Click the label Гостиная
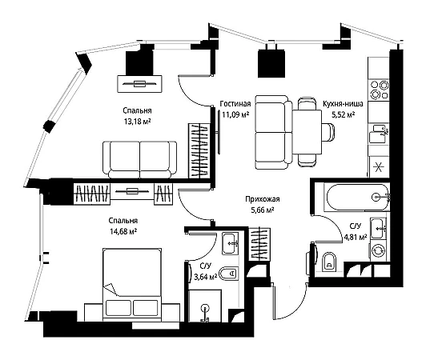coord(235,104)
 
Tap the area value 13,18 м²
coord(137,122)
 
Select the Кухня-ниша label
coord(343,104)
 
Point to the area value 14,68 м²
coord(123,231)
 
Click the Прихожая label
coord(262,199)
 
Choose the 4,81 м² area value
coord(356,238)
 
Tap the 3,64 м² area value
coord(205,277)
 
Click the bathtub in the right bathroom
coord(357,198)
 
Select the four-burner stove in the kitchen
coord(379,90)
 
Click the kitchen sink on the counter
coord(379,134)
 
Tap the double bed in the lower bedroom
coord(132,284)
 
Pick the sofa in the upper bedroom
coord(139,160)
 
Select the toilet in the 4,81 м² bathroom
coord(329,262)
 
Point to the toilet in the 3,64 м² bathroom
coord(229,274)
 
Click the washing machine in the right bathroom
coord(377,250)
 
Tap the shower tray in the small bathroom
coord(205,306)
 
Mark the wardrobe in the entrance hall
coord(259,244)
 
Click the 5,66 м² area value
coord(262,210)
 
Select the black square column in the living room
coord(271,63)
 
